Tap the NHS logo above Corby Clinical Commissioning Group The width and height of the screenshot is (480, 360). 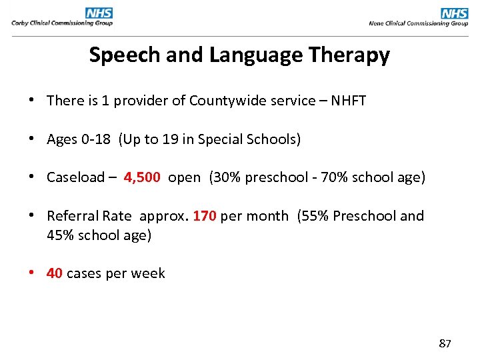click(x=99, y=13)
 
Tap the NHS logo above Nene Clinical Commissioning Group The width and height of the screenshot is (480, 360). click(x=454, y=13)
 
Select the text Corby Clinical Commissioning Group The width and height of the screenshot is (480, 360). click(x=61, y=23)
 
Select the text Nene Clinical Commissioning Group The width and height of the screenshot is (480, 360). click(x=418, y=23)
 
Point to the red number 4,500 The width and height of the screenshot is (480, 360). click(x=141, y=177)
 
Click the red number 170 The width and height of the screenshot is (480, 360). click(x=205, y=216)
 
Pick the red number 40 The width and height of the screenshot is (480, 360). click(x=55, y=273)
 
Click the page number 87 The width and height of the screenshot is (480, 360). click(x=445, y=344)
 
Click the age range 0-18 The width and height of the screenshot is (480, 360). click(x=96, y=139)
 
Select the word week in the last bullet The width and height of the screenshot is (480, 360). click(x=149, y=273)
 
